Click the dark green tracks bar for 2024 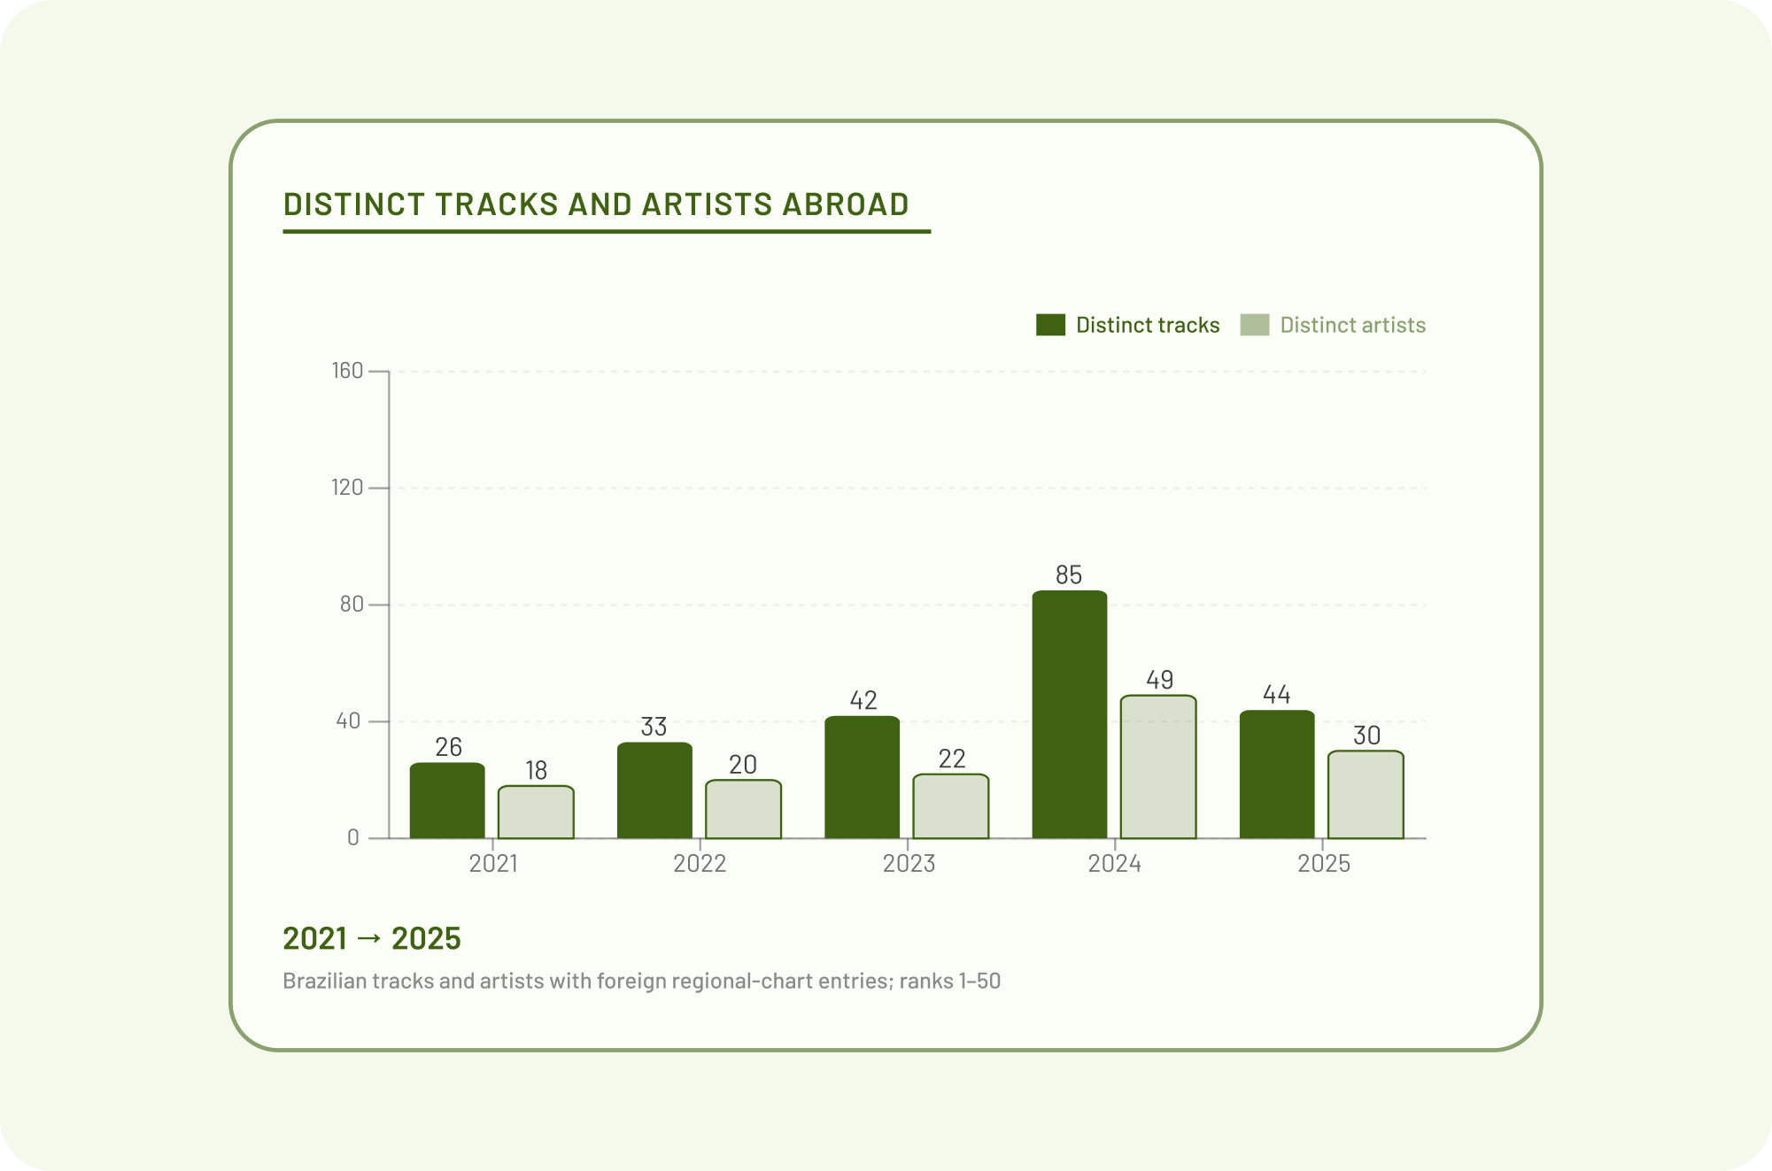pyautogui.click(x=1069, y=714)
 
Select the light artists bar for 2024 pyautogui.click(x=1157, y=767)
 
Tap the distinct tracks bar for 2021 pyautogui.click(x=447, y=800)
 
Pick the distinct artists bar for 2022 pyautogui.click(x=743, y=809)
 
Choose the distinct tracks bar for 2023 pyautogui.click(x=862, y=777)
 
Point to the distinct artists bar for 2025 pyautogui.click(x=1366, y=795)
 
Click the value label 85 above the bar pyautogui.click(x=1069, y=575)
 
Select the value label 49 pyautogui.click(x=1159, y=680)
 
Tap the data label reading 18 pyautogui.click(x=536, y=771)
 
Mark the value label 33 pyautogui.click(x=654, y=727)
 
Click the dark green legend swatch pyautogui.click(x=1050, y=325)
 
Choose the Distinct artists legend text pyautogui.click(x=1352, y=325)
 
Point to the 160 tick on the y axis pyautogui.click(x=348, y=371)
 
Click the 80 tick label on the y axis pyautogui.click(x=352, y=605)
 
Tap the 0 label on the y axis pyautogui.click(x=353, y=838)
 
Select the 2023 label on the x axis pyautogui.click(x=909, y=864)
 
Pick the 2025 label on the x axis pyautogui.click(x=1324, y=864)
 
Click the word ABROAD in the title pyautogui.click(x=846, y=204)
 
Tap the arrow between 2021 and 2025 pyautogui.click(x=369, y=938)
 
